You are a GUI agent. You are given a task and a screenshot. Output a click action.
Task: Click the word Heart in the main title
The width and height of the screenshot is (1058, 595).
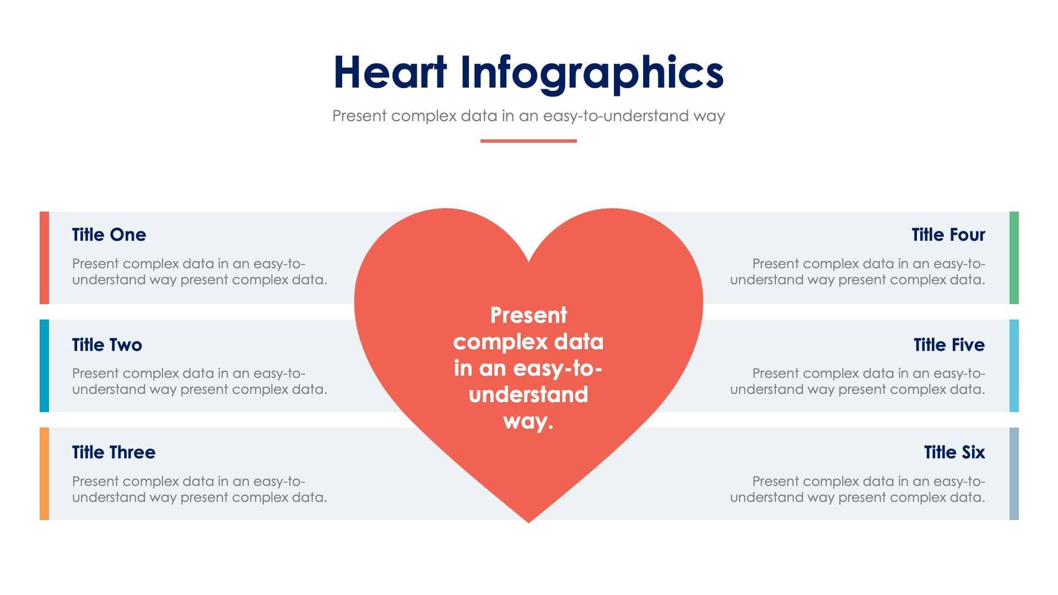point(390,72)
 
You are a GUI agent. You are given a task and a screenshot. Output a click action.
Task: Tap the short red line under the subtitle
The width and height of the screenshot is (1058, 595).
point(528,141)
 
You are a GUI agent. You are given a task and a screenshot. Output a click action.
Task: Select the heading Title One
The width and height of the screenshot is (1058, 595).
point(109,235)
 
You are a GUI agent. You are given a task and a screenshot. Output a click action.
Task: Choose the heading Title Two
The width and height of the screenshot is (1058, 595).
point(107,345)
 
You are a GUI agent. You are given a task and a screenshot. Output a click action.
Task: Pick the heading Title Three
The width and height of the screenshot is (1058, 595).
point(114,452)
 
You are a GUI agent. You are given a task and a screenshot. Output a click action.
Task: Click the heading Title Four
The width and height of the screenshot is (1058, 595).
point(948,235)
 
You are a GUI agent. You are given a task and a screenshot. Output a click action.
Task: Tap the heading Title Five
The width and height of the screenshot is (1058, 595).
point(949,345)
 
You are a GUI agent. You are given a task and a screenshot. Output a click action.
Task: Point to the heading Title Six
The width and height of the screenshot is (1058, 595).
point(954,452)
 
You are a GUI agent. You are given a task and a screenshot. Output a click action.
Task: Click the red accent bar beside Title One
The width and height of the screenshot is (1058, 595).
point(44,257)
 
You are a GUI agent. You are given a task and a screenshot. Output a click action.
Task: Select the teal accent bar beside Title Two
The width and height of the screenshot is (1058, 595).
point(44,365)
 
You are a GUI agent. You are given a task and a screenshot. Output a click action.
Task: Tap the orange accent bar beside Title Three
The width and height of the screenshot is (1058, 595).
point(44,473)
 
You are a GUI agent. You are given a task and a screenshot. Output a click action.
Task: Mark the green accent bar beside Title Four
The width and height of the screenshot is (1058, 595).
point(1014,257)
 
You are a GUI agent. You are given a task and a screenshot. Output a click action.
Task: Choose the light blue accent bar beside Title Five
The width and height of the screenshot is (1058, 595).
point(1014,365)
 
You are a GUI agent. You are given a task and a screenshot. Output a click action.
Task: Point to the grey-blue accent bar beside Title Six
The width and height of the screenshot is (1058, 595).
point(1014,473)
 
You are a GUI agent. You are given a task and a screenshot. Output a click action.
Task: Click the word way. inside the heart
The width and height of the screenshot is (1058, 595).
point(528,421)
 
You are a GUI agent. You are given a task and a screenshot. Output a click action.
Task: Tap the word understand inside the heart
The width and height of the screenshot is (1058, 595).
point(528,394)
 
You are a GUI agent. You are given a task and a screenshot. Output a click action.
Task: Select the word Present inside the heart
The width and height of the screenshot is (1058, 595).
point(528,315)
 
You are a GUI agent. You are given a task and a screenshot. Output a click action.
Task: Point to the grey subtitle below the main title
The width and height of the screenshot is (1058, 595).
point(528,116)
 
